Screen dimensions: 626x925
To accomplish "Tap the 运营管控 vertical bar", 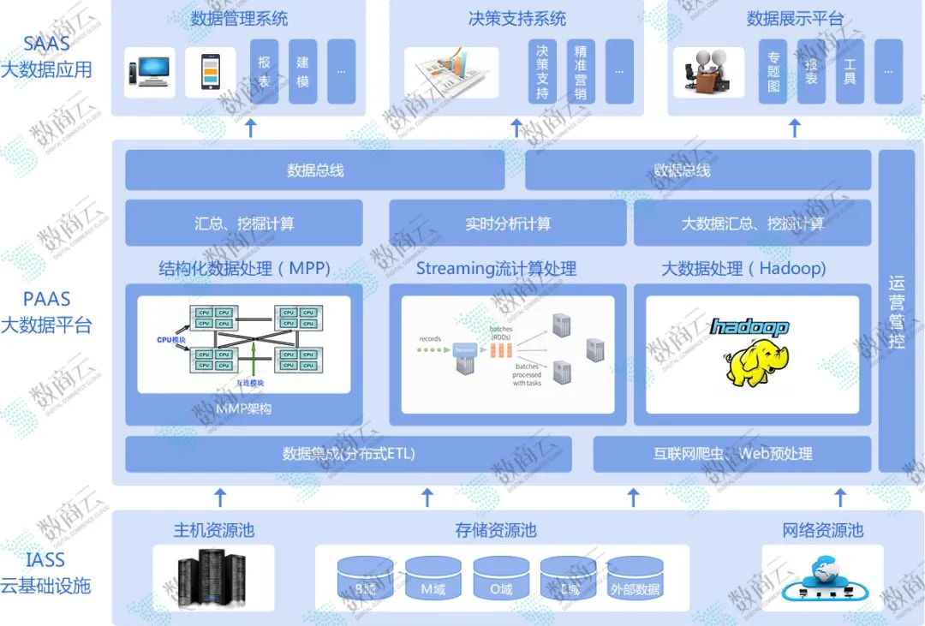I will click(897, 311).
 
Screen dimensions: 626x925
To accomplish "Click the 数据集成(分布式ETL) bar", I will click(348, 454).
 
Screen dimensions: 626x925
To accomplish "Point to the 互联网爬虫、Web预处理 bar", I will click(732, 454).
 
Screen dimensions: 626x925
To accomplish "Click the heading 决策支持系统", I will click(516, 18).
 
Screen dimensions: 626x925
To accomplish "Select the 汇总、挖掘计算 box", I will click(244, 224).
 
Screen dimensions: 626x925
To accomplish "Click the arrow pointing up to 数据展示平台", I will click(794, 128).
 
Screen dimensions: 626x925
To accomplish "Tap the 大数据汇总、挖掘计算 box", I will click(752, 224).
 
